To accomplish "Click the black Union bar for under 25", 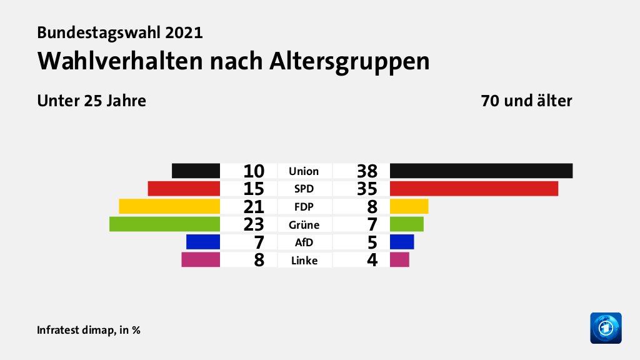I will (196, 171).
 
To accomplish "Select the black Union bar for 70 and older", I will (481, 171).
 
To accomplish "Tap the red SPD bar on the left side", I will (184, 189).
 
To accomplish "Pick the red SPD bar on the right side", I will (474, 189).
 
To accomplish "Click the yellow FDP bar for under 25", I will (169, 206).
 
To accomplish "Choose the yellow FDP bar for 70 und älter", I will (409, 206).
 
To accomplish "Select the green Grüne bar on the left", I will (164, 224).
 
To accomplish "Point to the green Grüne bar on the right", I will (406, 224).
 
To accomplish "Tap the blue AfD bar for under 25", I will (203, 241).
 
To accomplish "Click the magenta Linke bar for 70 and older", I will (399, 259).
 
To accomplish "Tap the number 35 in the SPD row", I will (367, 189).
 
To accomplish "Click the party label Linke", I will (304, 261).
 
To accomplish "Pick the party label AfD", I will (304, 242).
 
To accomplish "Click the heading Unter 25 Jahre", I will (92, 101).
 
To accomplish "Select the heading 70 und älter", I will (526, 101).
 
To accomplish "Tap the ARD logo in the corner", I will (606, 327).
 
